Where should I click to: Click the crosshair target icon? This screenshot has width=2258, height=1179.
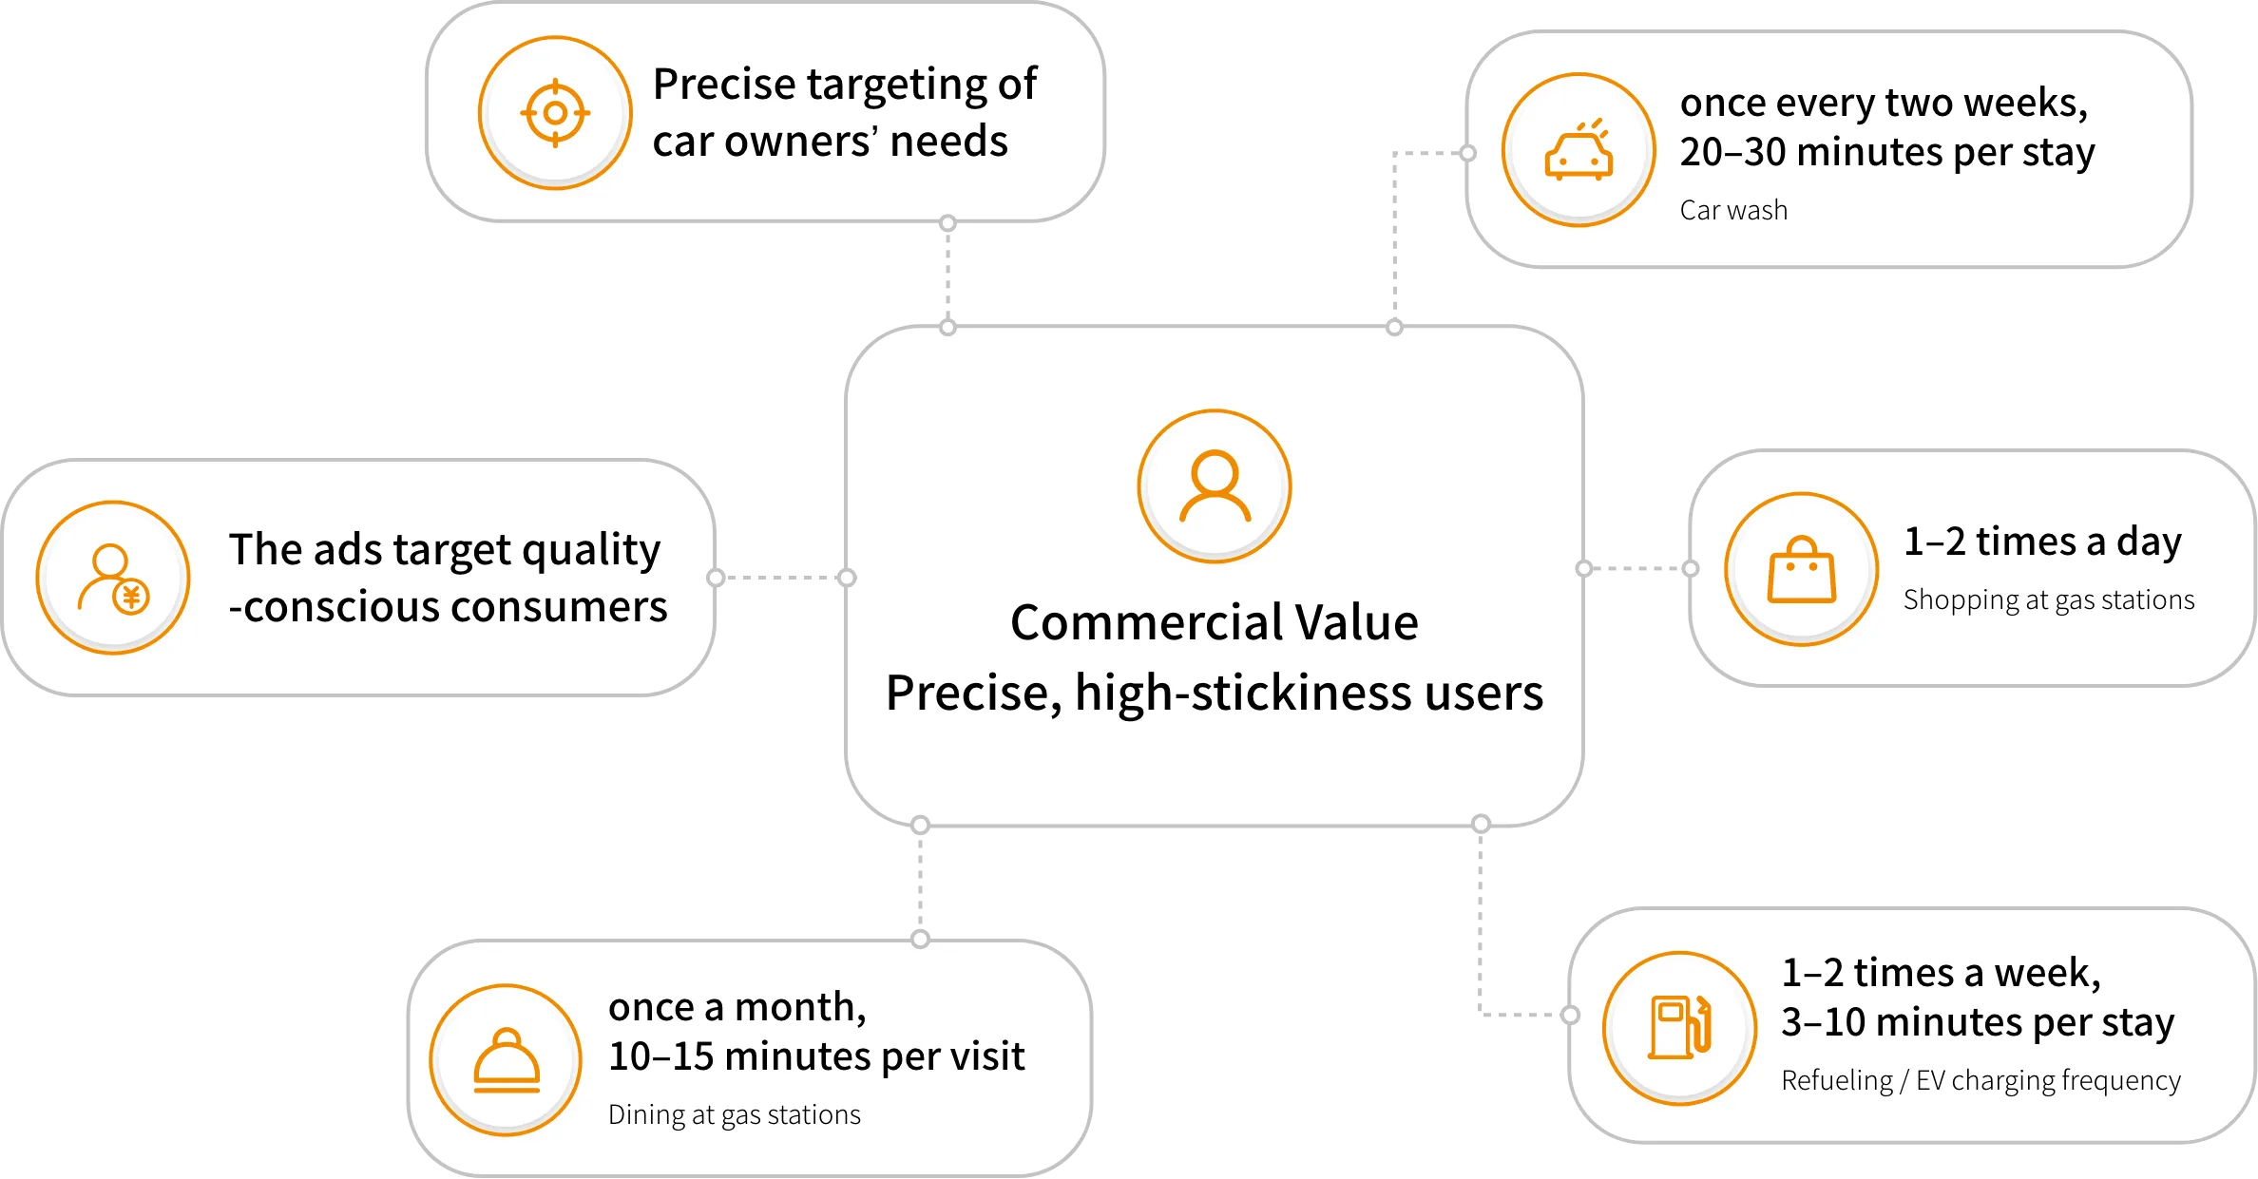(555, 113)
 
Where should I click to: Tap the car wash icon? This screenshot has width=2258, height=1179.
(1579, 150)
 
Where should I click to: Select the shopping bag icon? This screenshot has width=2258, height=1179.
(1802, 570)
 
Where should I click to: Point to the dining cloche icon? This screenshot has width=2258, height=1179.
(507, 1060)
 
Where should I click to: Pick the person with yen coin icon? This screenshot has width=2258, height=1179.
(113, 578)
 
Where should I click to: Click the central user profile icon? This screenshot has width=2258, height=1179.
(1215, 486)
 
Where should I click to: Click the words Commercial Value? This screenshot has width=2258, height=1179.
(1215, 622)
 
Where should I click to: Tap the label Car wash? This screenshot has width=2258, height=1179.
(1733, 210)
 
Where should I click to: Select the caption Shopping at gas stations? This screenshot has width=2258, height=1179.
(2049, 600)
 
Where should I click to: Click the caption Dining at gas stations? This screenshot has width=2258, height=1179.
(735, 1114)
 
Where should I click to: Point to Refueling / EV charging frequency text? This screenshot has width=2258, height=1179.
(1981, 1080)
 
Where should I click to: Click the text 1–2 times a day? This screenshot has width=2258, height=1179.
(2042, 542)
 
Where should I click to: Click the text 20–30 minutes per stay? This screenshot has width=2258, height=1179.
(1887, 152)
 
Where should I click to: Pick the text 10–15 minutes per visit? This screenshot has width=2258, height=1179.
(816, 1056)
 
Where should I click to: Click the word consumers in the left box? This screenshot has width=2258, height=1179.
(550, 607)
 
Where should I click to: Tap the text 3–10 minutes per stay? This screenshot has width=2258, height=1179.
(1978, 1022)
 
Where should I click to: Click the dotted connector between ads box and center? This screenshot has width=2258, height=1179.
(781, 578)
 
